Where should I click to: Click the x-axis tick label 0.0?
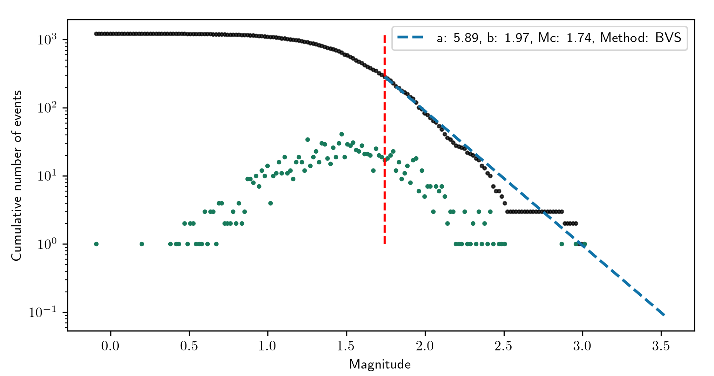pyautogui.click(x=110, y=346)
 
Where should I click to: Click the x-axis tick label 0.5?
pyautogui.click(x=189, y=346)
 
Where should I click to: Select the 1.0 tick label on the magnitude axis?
pyautogui.click(x=267, y=346)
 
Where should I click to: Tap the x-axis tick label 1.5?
pyautogui.click(x=346, y=346)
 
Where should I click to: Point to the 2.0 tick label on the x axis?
pyautogui.click(x=425, y=346)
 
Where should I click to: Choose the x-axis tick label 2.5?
pyautogui.click(x=503, y=346)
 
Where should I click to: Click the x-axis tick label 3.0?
pyautogui.click(x=582, y=346)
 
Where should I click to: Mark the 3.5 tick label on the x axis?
pyautogui.click(x=661, y=346)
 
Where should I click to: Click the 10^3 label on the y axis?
pyautogui.click(x=47, y=40)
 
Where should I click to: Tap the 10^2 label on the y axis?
pyautogui.click(x=47, y=108)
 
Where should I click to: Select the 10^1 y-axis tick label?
pyautogui.click(x=47, y=176)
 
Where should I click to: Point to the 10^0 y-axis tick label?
pyautogui.click(x=47, y=244)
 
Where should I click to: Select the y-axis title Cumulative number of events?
pyautogui.click(x=17, y=176)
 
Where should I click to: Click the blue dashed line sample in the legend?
pyautogui.click(x=410, y=37)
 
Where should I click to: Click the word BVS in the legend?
pyautogui.click(x=668, y=38)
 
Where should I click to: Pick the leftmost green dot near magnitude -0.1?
pyautogui.click(x=96, y=244)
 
